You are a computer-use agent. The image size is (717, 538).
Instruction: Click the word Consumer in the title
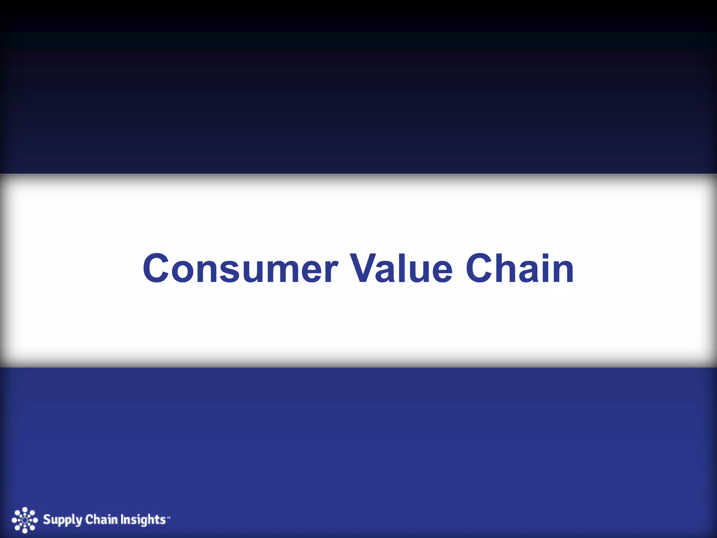coord(240,269)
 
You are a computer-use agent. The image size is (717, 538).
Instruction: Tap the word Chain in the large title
coord(520,269)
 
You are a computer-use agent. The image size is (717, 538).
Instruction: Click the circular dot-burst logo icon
coord(25,520)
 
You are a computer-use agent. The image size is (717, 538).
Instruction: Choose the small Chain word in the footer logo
coord(102,519)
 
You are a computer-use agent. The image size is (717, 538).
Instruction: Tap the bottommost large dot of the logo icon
coord(25,531)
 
